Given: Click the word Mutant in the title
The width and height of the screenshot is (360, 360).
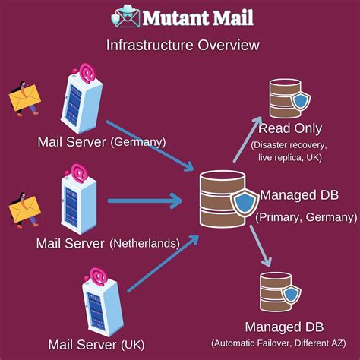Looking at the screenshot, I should pos(171,17).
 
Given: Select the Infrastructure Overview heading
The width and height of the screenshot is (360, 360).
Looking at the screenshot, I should pos(182,46).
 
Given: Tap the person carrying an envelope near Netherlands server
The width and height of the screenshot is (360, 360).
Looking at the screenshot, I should pos(24,210).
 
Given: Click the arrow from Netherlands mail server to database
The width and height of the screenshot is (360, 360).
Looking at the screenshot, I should pos(144,201).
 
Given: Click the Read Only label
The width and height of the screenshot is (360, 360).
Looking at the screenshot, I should pos(290,128).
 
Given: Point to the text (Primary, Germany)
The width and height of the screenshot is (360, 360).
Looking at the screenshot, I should pos(306,216).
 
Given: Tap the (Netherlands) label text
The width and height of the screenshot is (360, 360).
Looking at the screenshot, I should pos(144,244).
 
